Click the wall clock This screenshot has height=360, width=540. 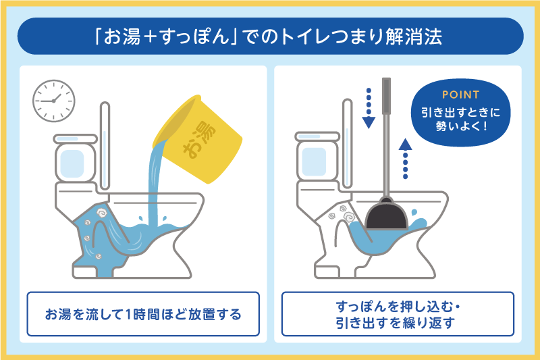(54, 101)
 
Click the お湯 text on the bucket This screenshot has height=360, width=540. (199, 140)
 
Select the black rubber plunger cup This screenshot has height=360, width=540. (386, 214)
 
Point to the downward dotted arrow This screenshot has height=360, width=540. (369, 108)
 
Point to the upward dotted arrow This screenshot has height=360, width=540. (406, 159)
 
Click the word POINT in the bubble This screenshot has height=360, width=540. (461, 95)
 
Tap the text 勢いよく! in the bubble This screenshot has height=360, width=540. (462, 126)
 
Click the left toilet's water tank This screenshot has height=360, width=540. (75, 159)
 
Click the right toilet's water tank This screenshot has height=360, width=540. (317, 157)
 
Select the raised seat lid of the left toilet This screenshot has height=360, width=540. (105, 145)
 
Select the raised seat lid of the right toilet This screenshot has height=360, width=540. (348, 143)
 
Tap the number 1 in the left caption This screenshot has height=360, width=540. (128, 315)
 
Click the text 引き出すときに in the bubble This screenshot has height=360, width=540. (461, 112)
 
